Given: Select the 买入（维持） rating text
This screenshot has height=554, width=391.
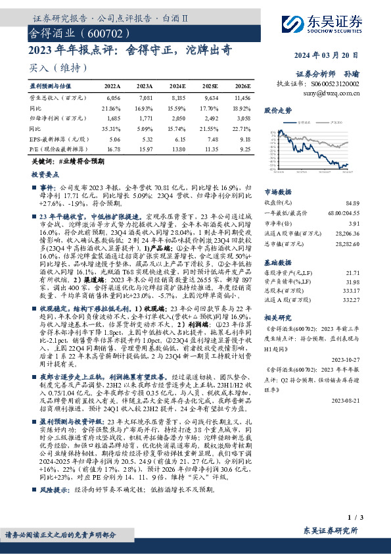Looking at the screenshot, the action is point(49,68).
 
